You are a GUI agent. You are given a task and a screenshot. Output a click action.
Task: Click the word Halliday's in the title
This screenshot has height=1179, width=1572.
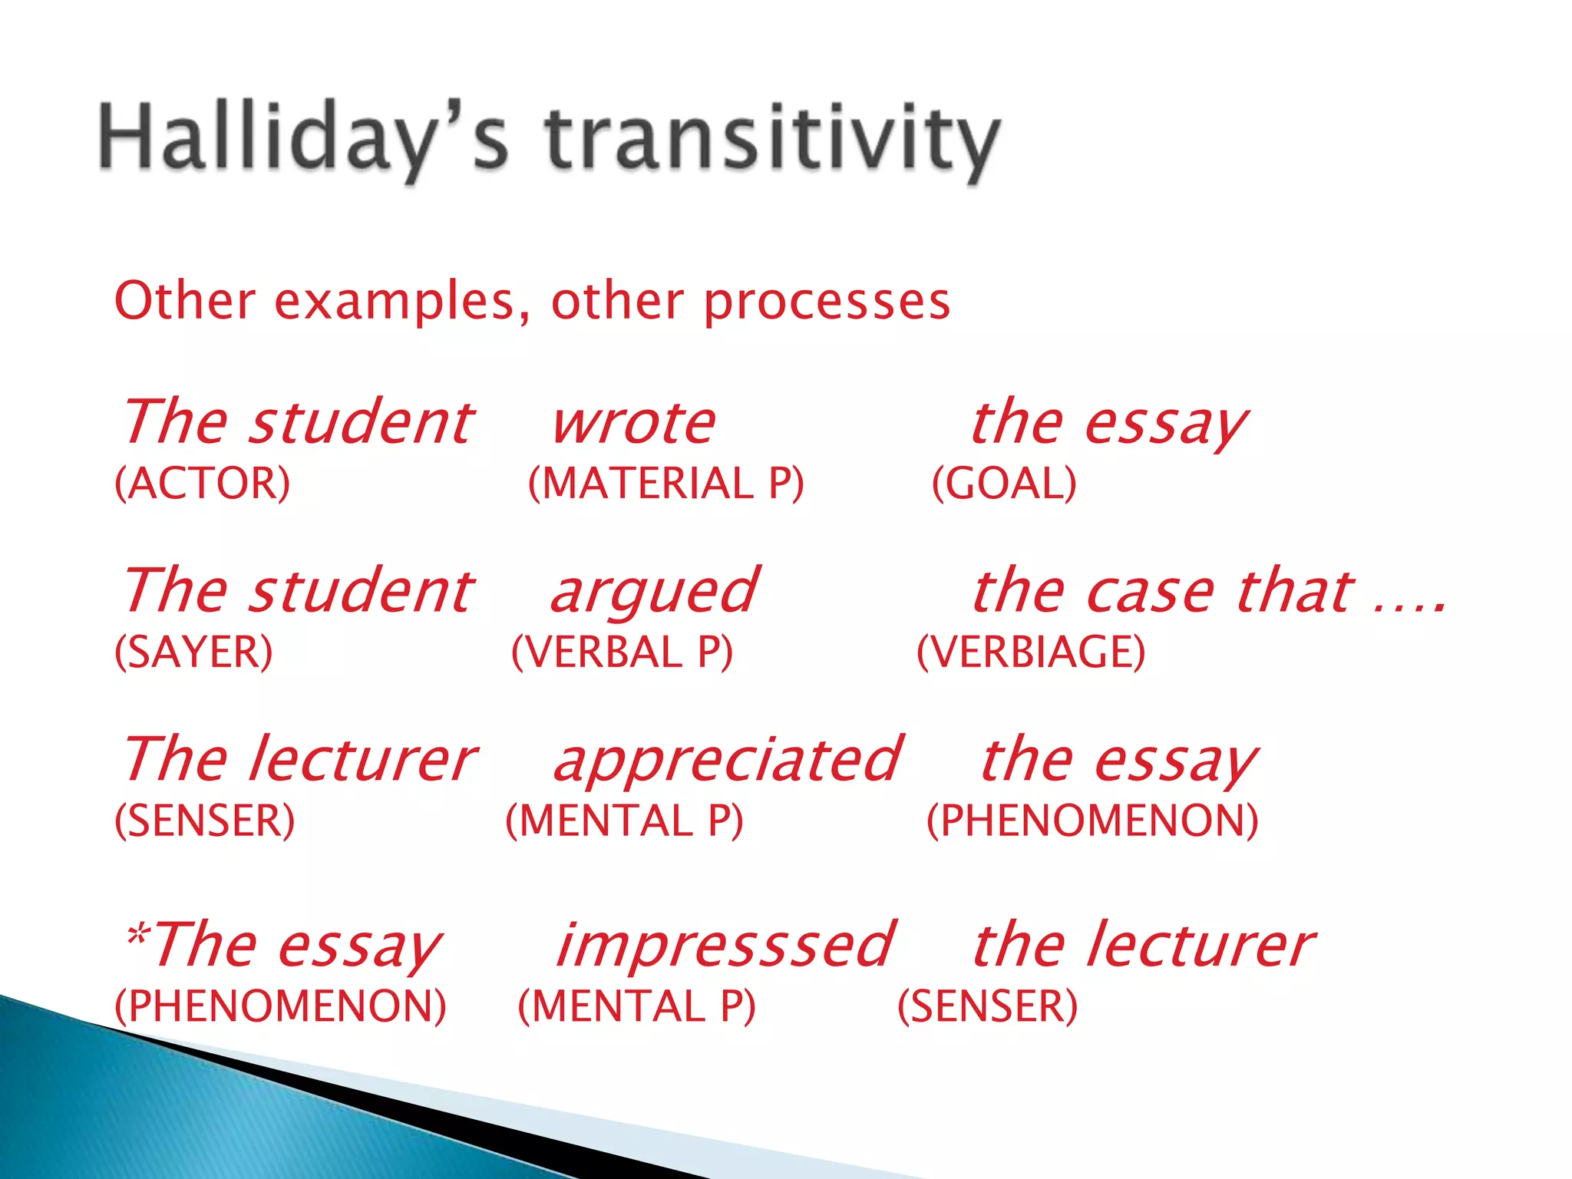pos(303,138)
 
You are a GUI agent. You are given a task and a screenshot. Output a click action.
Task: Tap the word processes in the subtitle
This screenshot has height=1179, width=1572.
pos(827,302)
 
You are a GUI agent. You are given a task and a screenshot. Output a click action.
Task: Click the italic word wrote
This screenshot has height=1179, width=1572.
pos(634,424)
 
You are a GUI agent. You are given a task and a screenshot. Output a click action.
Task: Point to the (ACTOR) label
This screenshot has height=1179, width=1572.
pos(203,484)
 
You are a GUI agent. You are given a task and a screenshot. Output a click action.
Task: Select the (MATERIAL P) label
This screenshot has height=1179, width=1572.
pos(666,484)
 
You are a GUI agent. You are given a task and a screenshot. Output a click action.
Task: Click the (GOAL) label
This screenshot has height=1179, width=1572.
pos(1004,484)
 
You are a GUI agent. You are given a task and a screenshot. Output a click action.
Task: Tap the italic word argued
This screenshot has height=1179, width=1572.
pos(655,593)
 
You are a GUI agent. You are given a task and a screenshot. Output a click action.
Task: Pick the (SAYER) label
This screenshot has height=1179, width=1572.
pos(193,652)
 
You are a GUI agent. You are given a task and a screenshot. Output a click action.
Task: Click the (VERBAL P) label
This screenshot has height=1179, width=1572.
pos(622,652)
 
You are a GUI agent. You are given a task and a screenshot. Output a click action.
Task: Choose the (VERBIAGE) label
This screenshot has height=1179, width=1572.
pos(1031,652)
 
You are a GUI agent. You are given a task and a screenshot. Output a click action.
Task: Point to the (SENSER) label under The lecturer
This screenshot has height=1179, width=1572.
pos(204,821)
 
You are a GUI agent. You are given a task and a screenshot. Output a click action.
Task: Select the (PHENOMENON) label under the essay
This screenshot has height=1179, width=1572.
pos(1091,821)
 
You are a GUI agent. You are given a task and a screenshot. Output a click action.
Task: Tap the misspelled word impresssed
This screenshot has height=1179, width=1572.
pos(724,946)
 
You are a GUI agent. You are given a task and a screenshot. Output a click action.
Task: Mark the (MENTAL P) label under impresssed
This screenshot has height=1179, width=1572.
pos(636,1006)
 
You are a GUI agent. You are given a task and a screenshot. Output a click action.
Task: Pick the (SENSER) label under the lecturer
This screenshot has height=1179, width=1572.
pos(987,1006)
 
